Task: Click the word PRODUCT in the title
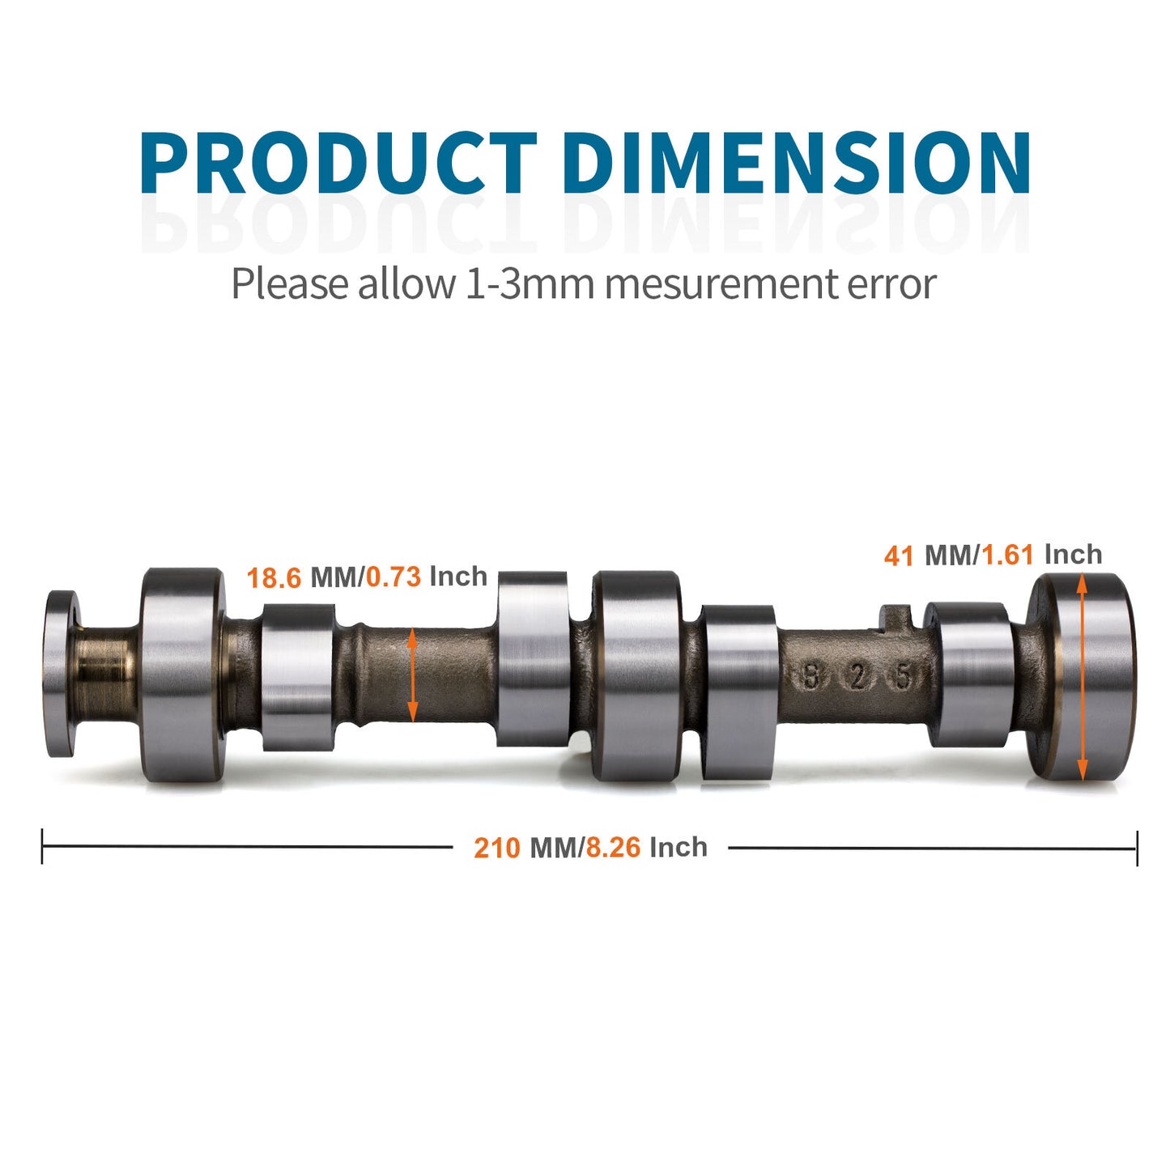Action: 338,163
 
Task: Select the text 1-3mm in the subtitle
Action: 529,283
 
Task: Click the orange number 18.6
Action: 274,577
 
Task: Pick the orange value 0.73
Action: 394,576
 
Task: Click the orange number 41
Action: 899,555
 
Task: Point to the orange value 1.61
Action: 1007,555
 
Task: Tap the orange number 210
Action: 496,849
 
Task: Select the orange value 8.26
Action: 613,848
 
